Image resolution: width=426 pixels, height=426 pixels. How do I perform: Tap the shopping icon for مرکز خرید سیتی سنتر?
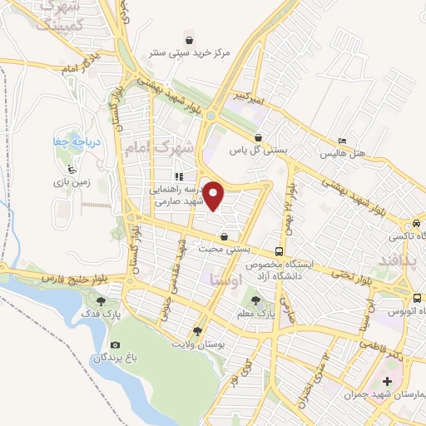coord(189,40)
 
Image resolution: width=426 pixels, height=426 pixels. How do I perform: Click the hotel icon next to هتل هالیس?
coord(342,141)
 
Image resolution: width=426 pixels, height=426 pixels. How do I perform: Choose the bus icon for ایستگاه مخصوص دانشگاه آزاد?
coord(278,250)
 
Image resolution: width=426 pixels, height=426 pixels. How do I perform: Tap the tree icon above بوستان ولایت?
coord(197,331)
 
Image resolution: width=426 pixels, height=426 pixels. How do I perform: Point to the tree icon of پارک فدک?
coord(102,302)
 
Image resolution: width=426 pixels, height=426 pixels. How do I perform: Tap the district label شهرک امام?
coord(157,147)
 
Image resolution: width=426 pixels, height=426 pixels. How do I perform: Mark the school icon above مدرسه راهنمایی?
coord(178,176)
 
